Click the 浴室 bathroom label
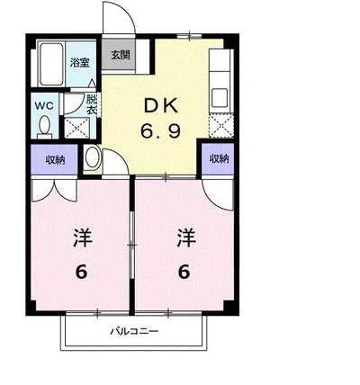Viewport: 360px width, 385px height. (x=80, y=63)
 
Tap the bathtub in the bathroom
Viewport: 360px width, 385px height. (x=51, y=64)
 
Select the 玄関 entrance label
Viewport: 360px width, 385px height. (x=121, y=55)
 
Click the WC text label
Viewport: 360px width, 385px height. (x=44, y=105)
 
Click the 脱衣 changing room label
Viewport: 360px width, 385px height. (x=91, y=104)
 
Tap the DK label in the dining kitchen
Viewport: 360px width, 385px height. (x=161, y=106)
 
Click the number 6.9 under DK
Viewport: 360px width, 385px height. (x=161, y=131)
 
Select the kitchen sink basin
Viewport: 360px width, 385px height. (x=220, y=98)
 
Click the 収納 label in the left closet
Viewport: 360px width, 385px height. (x=55, y=160)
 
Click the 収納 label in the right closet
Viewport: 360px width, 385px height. (x=219, y=158)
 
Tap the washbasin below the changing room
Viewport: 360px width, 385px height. (x=92, y=157)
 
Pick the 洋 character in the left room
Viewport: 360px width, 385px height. (x=82, y=237)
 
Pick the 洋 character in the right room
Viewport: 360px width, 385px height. (x=186, y=237)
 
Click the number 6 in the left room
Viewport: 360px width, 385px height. (x=82, y=273)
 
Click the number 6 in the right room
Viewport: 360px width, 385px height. (x=184, y=273)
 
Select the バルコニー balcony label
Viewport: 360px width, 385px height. (x=134, y=332)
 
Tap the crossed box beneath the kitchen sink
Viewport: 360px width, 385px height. (x=221, y=126)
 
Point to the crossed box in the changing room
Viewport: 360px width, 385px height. (x=77, y=128)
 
